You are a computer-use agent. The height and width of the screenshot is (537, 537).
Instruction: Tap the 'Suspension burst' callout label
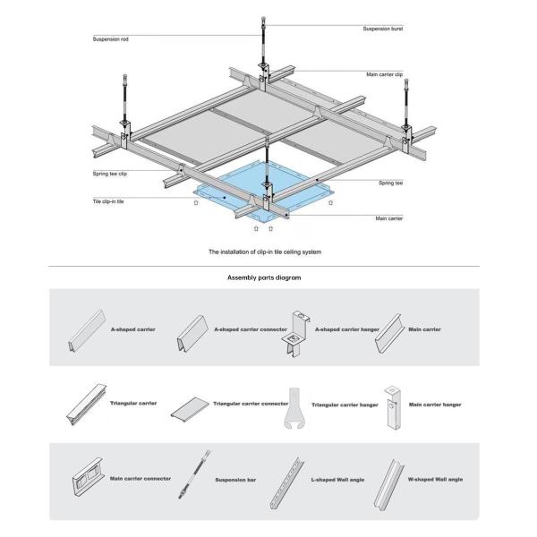pyautogui.click(x=382, y=30)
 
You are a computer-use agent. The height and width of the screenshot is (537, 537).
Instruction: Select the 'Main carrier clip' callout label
pyautogui.click(x=386, y=74)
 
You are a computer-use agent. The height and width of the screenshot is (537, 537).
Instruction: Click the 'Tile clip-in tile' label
pyautogui.click(x=109, y=202)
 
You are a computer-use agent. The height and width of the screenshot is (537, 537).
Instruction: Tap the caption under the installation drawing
pyautogui.click(x=265, y=252)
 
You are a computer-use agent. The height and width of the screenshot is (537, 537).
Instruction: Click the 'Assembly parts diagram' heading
pyautogui.click(x=265, y=278)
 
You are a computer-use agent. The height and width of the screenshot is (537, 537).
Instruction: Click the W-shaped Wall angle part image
pyautogui.click(x=391, y=481)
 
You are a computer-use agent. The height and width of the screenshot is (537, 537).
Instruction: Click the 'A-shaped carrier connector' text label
pyautogui.click(x=250, y=329)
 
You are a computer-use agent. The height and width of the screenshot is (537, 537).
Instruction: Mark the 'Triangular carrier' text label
pyautogui.click(x=133, y=403)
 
